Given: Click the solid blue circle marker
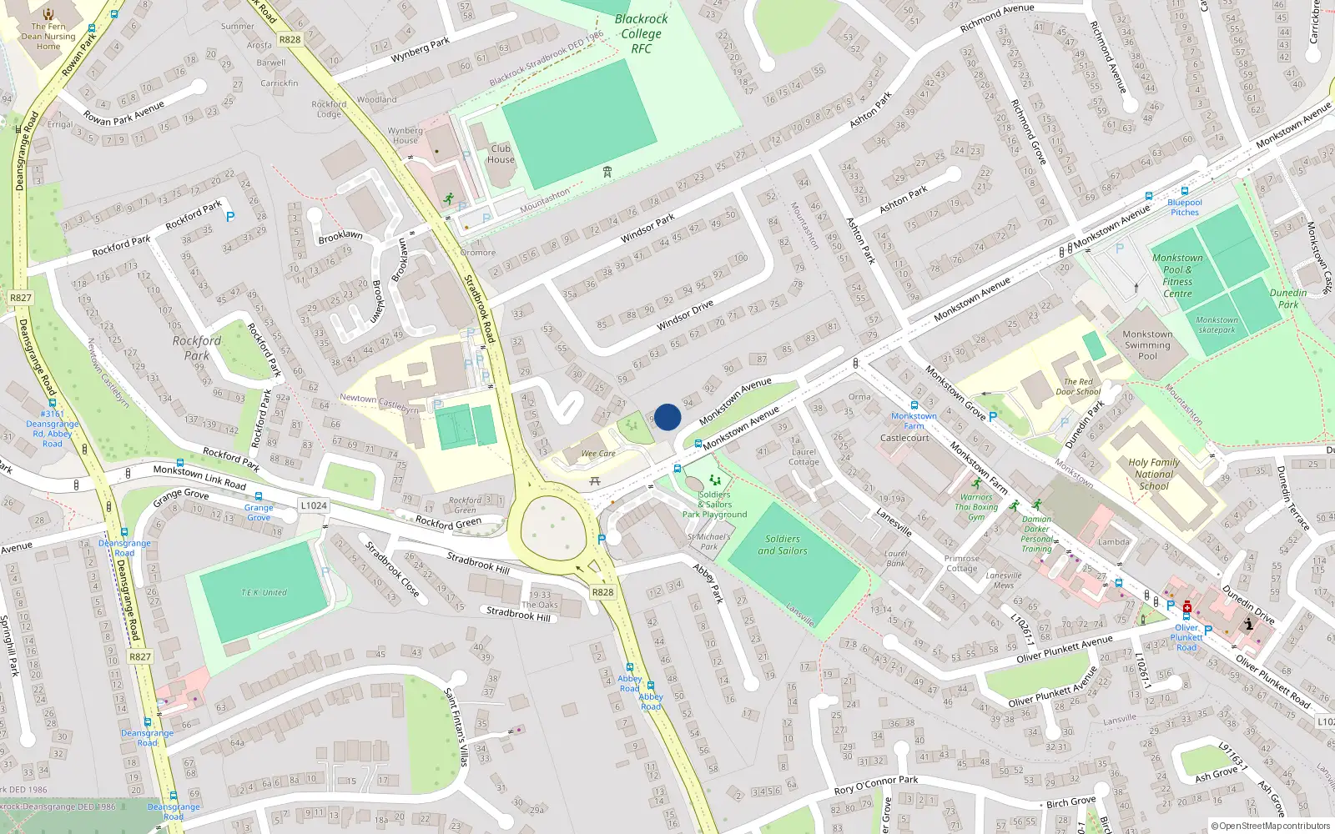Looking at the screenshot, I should click(x=667, y=417).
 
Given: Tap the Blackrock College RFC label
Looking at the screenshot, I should click(x=641, y=33).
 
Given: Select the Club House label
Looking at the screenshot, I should click(x=501, y=154).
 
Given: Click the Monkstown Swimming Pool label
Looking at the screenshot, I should click(x=1147, y=345).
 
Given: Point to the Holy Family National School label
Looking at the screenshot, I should click(x=1154, y=474).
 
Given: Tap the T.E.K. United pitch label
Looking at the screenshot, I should click(x=264, y=592).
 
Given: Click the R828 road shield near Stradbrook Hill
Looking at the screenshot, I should click(x=602, y=592).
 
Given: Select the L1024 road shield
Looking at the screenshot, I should click(x=314, y=505).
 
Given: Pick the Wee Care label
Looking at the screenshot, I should click(x=598, y=454).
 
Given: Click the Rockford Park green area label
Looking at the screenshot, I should click(x=197, y=348).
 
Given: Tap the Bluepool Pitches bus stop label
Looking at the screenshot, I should click(x=1185, y=208).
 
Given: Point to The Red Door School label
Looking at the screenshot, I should click(x=1078, y=386).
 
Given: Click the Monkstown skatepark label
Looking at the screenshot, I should click(x=1217, y=324).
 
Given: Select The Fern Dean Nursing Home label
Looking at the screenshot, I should click(x=48, y=36).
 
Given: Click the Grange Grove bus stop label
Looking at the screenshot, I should click(x=259, y=512).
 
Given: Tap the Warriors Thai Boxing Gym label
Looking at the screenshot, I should click(x=976, y=507).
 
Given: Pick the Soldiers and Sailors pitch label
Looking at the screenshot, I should click(x=783, y=545).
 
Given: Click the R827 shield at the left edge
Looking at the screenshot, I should click(x=21, y=298).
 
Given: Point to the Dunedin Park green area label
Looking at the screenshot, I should click(x=1288, y=299).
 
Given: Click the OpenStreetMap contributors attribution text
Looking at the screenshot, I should click(x=1270, y=826).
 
